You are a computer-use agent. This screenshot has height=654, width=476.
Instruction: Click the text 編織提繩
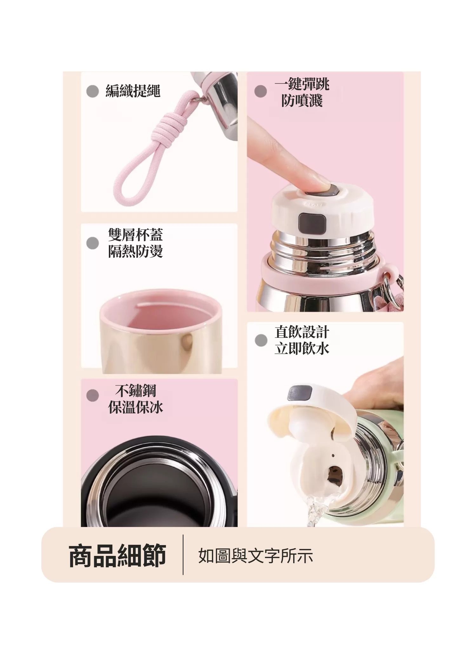[133, 91]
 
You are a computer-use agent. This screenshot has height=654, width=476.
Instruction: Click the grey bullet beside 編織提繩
[92, 91]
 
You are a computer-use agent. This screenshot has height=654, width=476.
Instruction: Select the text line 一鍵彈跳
[302, 84]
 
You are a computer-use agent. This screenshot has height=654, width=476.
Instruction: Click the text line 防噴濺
[302, 101]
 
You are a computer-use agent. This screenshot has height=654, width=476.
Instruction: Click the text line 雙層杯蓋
[136, 235]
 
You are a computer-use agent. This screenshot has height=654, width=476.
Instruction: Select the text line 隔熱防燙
[136, 252]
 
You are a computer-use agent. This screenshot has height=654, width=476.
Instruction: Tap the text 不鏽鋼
[136, 391]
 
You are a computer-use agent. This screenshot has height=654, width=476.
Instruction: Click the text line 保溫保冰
[136, 407]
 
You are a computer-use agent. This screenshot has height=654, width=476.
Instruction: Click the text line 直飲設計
[302, 332]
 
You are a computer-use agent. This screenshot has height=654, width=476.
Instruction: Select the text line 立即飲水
[302, 349]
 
